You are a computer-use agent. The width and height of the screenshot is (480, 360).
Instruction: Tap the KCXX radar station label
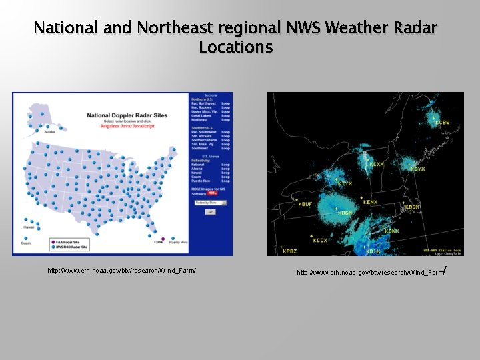pyautogui.click(x=377, y=164)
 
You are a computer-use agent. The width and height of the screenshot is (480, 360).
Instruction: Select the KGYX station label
pyautogui.click(x=417, y=169)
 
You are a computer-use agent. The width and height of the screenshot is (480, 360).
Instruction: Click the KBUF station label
pyautogui.click(x=305, y=204)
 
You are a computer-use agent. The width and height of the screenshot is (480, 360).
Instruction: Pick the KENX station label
pyautogui.click(x=370, y=202)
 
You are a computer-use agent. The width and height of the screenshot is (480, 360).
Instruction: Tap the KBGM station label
pyautogui.click(x=345, y=213)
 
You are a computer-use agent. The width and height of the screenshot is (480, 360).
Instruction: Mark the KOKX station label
pyautogui.click(x=391, y=231)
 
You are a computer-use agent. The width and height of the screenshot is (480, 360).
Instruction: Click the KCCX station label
pyautogui.click(x=321, y=240)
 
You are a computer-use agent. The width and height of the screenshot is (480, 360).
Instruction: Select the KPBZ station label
pyautogui.click(x=290, y=251)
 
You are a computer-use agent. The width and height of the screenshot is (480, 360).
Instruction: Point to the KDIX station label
pyautogui.click(x=373, y=251)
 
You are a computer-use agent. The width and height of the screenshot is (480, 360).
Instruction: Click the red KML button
pyautogui.click(x=213, y=193)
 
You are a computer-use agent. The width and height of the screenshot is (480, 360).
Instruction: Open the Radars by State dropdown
pyautogui.click(x=209, y=202)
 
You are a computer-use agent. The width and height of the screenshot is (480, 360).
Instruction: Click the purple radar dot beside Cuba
pyautogui.click(x=163, y=238)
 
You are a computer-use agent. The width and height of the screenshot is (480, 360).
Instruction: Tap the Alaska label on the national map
pyautogui.click(x=50, y=132)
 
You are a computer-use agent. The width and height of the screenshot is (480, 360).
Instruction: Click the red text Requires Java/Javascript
pyautogui.click(x=127, y=125)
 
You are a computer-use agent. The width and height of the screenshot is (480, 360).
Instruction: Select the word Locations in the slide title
pyautogui.click(x=235, y=48)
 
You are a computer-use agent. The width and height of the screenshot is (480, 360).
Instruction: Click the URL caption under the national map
pyautogui.click(x=122, y=270)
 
